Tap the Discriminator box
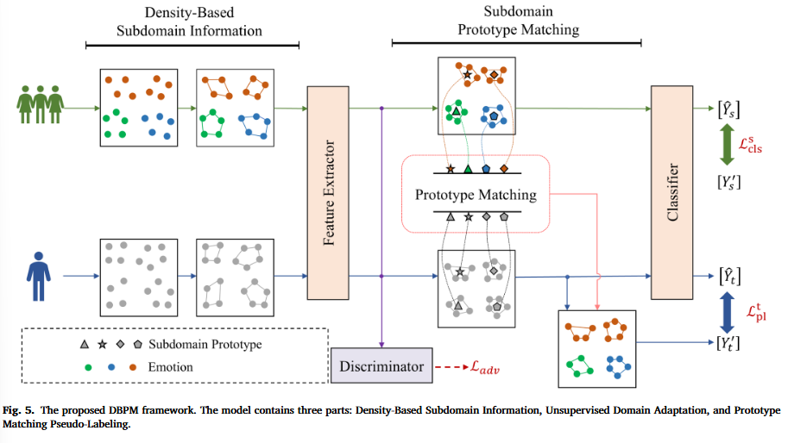point(381,367)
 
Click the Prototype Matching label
point(476,195)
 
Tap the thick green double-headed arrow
point(726,144)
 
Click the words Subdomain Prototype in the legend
point(205,344)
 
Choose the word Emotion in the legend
point(170,367)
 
